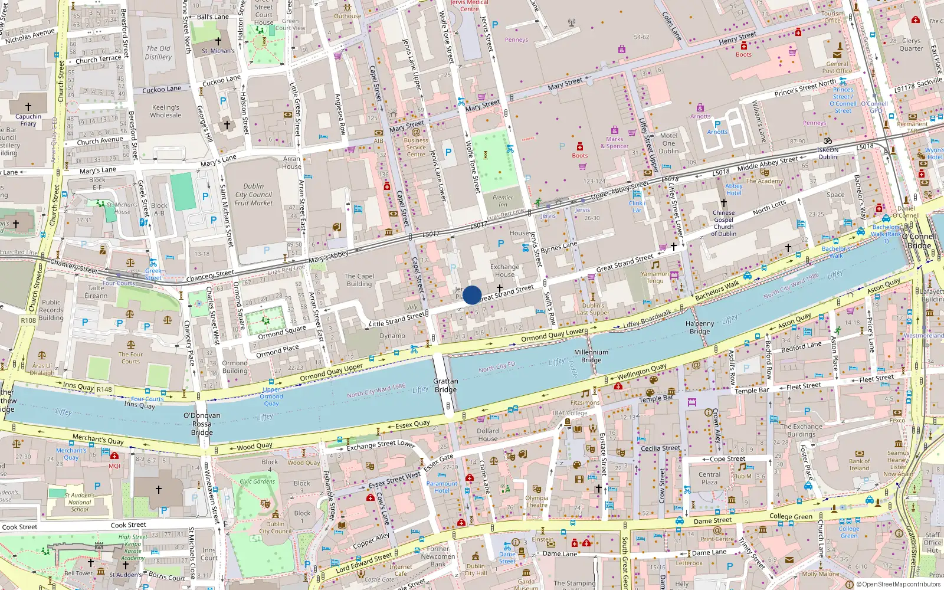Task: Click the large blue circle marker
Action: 472,295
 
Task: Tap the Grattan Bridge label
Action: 445,385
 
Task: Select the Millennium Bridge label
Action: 591,356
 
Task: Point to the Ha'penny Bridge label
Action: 700,327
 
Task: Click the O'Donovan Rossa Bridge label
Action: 202,424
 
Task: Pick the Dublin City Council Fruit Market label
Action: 254,194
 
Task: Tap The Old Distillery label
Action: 159,53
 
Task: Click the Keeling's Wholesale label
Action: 166,111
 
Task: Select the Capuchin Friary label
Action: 28,120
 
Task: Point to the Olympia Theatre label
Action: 537,501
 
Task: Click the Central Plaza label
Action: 710,478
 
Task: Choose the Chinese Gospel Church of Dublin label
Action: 724,223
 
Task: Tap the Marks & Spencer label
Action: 614,143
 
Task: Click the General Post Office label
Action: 837,67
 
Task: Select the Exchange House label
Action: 505,270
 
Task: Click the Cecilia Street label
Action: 660,448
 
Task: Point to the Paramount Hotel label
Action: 442,487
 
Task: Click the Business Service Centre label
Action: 416,147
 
